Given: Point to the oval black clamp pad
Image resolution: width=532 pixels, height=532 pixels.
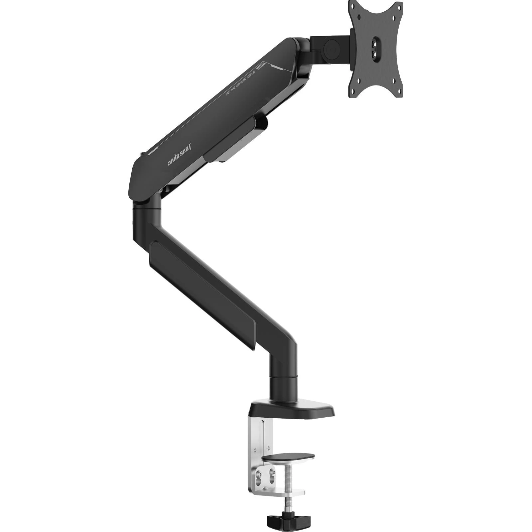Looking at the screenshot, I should (x=288, y=457).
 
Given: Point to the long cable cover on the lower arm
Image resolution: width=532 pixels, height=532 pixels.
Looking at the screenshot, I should (x=203, y=293).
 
